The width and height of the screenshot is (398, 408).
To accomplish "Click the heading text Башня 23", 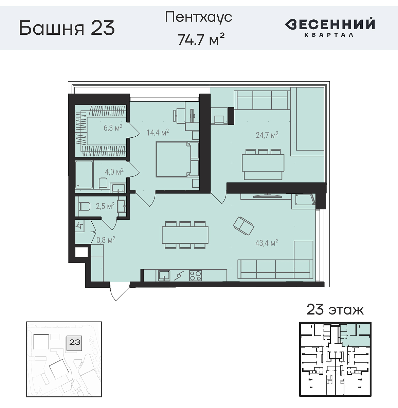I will coord(67,28).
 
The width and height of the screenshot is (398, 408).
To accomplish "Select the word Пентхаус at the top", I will coord(198,17).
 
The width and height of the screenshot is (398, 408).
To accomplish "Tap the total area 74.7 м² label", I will coord(201,39).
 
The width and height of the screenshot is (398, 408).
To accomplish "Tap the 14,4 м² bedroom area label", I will coord(158,132).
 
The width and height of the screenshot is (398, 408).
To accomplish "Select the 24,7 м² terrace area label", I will coord(267,135).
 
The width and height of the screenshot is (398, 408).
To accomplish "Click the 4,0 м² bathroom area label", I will coord(114,172).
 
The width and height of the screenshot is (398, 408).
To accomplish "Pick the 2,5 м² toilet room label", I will coord(105,206).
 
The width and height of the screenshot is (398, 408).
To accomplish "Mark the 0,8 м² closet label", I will coord(106,240).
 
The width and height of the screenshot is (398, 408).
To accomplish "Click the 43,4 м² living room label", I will coord(267,243).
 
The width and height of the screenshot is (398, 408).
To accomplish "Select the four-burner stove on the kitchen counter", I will coord(196,275).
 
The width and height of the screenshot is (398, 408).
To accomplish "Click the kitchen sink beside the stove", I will coord(164,275).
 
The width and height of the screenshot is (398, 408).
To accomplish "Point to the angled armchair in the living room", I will coord(243,226).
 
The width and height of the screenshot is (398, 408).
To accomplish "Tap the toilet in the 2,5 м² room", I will coord(84,206).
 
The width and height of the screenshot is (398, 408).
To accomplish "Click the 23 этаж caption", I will coord(335,310).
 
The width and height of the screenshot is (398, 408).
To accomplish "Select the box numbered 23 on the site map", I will coord(74,342).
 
